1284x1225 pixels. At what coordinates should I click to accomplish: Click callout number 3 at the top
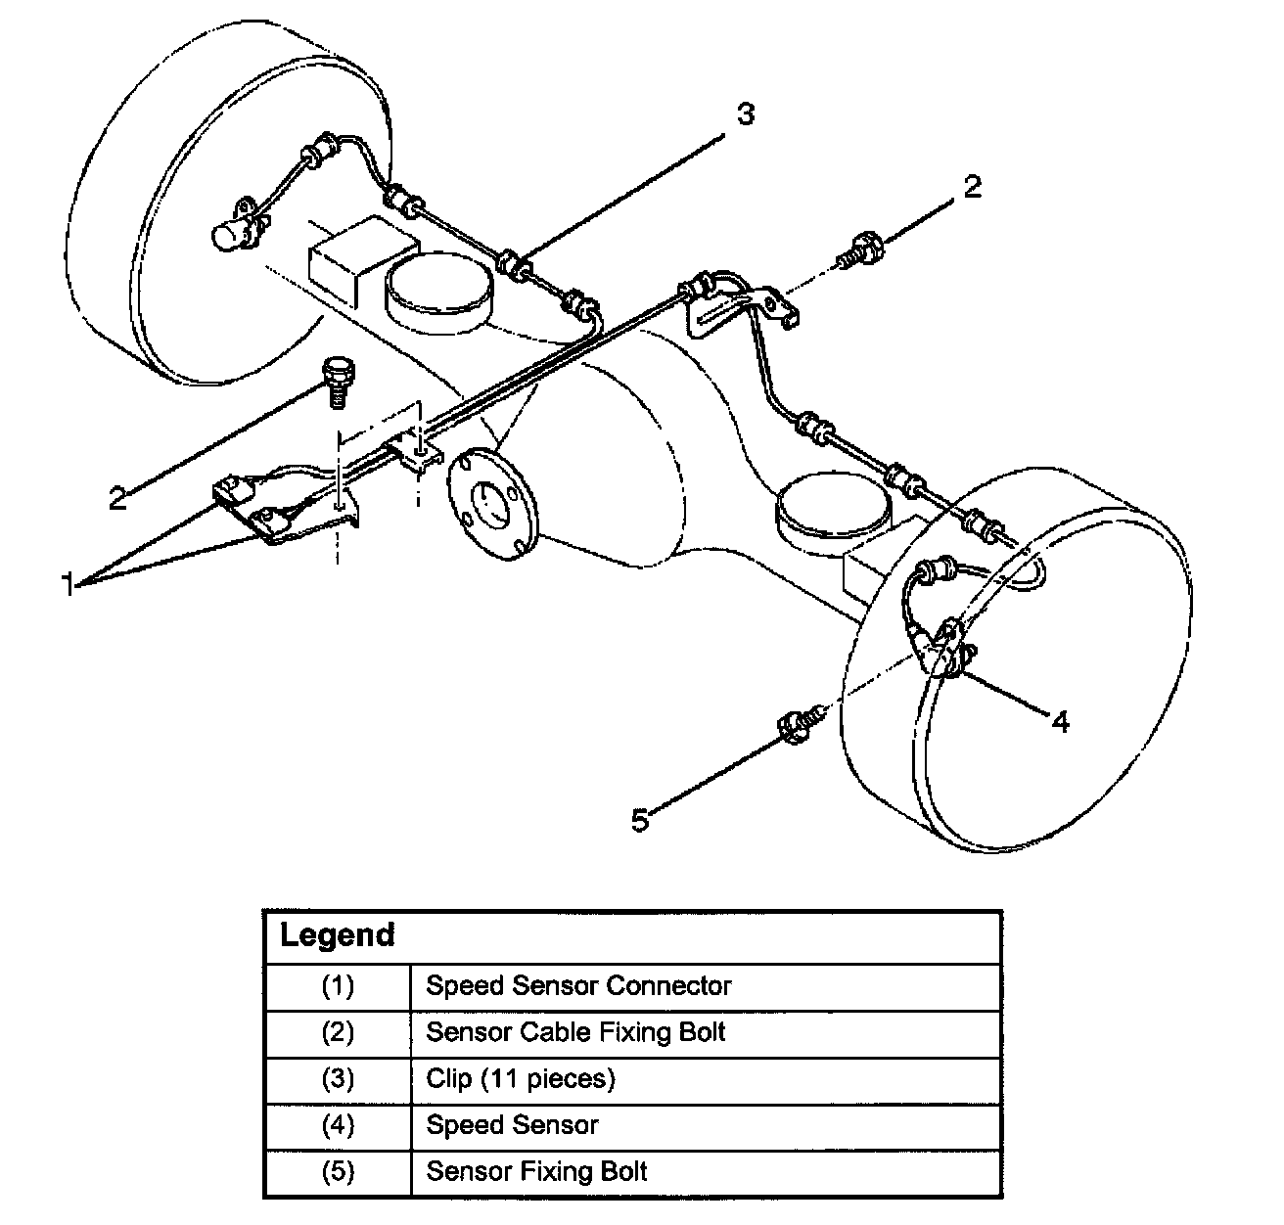pos(746,114)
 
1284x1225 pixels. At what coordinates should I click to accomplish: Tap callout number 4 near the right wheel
pos(1061,723)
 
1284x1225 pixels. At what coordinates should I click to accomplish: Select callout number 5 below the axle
pos(640,820)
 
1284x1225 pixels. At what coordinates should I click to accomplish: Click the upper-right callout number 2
pos(972,186)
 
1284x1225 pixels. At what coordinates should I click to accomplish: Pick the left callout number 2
pos(117,499)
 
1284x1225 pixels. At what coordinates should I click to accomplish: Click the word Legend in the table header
pos(337,935)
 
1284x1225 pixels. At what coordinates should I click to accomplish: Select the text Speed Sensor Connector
pos(578,985)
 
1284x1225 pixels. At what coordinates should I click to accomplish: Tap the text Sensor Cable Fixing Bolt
pos(575,1032)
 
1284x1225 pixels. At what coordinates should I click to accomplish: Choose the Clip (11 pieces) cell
pos(521,1078)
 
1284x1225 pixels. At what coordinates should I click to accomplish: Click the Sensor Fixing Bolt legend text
pos(536,1171)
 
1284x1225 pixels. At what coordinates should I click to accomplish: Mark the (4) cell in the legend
pos(338,1125)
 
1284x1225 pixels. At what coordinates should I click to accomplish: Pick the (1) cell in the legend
pos(338,985)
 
